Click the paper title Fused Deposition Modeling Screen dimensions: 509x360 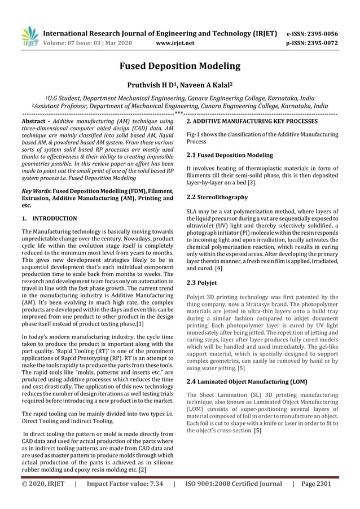(x=179, y=66)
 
